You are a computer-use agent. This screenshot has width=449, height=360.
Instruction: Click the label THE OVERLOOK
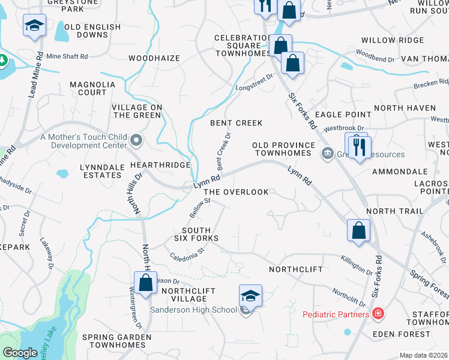click(x=237, y=192)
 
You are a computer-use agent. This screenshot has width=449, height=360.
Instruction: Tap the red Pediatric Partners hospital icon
click(x=378, y=313)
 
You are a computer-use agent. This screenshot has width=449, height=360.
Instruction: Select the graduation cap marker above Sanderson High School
click(x=250, y=295)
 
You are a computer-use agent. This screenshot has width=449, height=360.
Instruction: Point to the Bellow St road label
click(x=198, y=208)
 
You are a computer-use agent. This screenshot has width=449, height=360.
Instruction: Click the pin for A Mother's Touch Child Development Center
click(x=136, y=141)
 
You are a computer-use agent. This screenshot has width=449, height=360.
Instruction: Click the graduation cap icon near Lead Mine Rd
click(x=34, y=26)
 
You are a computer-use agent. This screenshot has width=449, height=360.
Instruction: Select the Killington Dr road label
click(x=357, y=263)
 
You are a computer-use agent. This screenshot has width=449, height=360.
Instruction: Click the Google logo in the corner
click(x=20, y=353)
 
